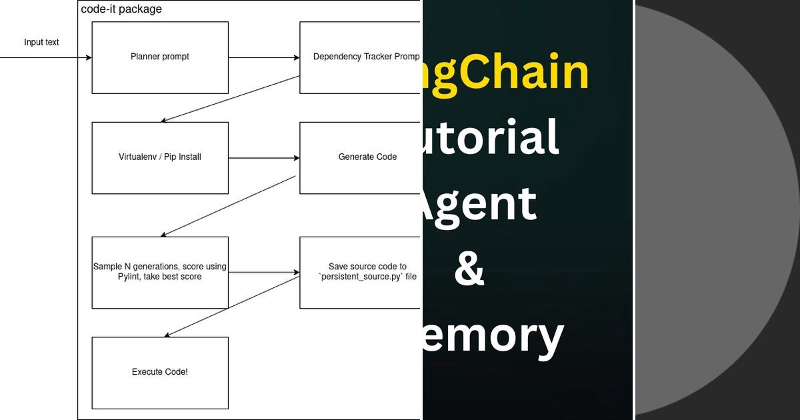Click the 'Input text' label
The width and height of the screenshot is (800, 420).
tap(41, 43)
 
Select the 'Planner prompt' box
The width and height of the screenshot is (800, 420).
tap(160, 57)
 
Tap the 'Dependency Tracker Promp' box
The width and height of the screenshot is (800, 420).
tap(360, 57)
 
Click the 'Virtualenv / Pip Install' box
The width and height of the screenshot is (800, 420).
tap(160, 158)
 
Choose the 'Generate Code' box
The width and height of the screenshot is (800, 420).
tap(360, 158)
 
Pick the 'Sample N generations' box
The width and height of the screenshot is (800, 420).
tap(160, 272)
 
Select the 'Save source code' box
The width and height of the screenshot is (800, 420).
tap(360, 272)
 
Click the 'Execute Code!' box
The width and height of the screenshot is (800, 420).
tap(160, 372)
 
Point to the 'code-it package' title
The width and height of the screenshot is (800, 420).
tap(121, 9)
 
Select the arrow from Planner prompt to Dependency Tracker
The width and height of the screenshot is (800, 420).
tap(264, 58)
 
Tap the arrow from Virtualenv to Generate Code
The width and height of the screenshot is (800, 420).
tap(264, 158)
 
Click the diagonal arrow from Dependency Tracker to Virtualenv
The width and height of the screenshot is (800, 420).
tap(230, 99)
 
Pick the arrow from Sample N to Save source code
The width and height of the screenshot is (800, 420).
tap(264, 272)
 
